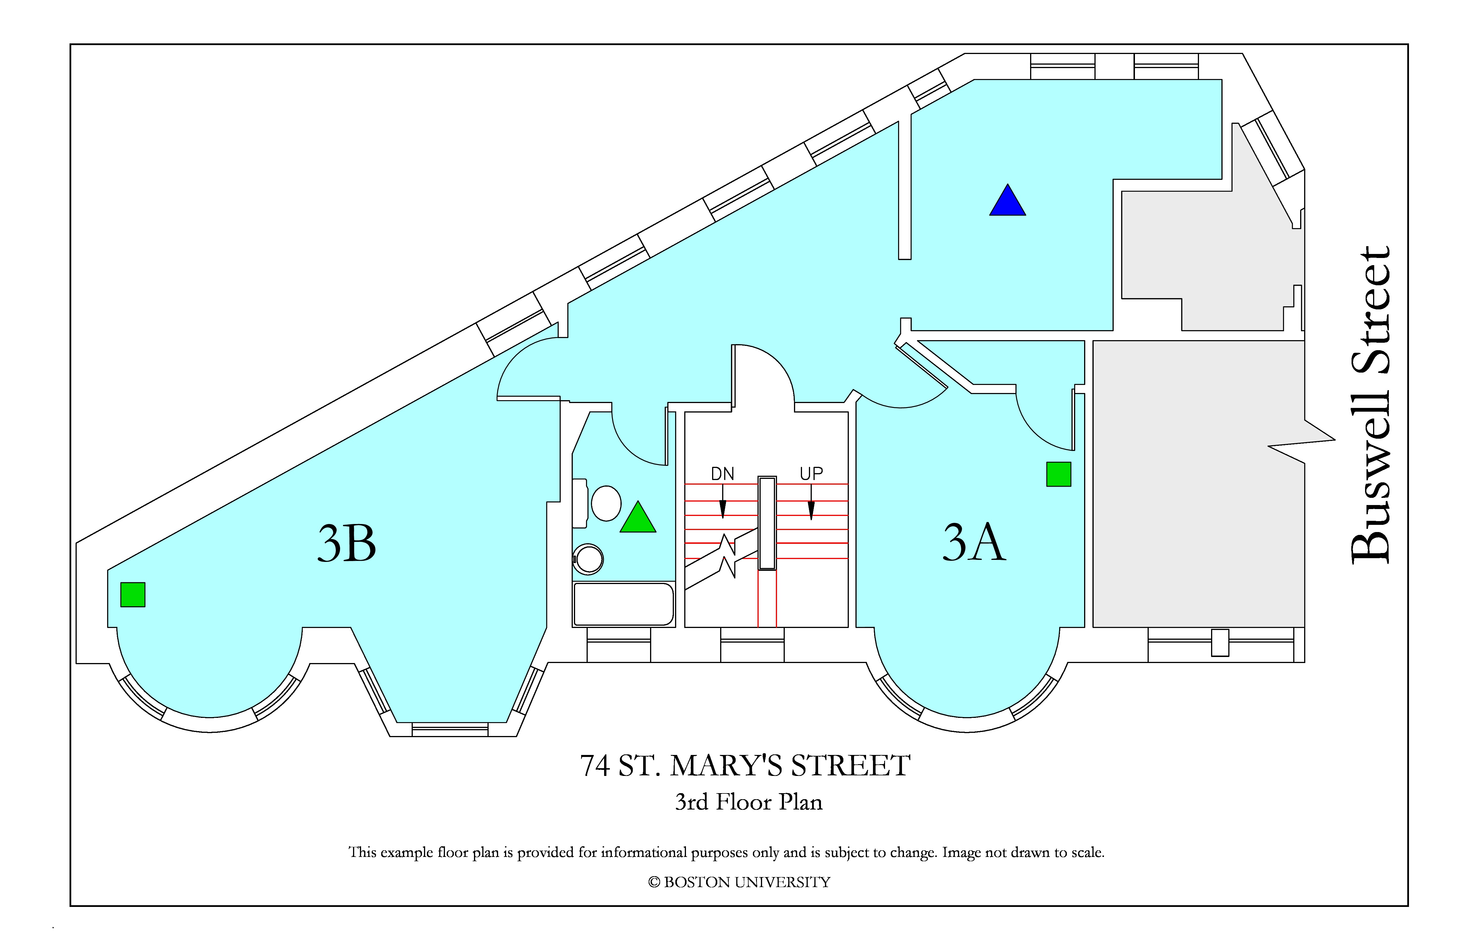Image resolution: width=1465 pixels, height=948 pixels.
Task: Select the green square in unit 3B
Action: tap(132, 595)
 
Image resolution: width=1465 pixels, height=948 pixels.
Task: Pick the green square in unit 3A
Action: tap(1059, 474)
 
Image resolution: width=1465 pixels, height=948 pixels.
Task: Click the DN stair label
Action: tap(723, 473)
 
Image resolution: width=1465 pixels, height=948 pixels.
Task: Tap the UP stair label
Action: tap(811, 473)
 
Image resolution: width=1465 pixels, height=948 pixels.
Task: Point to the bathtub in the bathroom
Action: tap(624, 604)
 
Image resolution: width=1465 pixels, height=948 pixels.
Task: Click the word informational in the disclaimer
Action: tap(644, 853)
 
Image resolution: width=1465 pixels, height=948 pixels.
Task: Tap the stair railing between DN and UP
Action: tap(767, 523)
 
